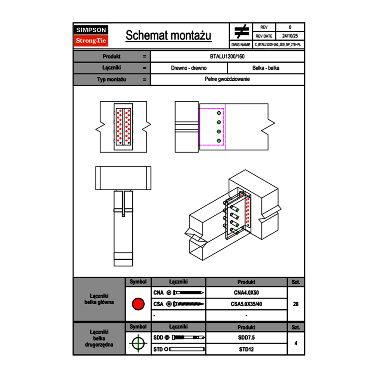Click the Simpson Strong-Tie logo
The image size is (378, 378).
pyautogui.click(x=91, y=36)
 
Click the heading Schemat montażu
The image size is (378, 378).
pyautogui.click(x=168, y=36)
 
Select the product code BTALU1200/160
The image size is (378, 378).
pyautogui.click(x=227, y=57)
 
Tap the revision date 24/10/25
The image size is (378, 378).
pyautogui.click(x=290, y=37)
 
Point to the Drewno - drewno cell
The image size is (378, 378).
pyautogui.click(x=189, y=68)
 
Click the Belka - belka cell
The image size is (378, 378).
pyautogui.click(x=266, y=68)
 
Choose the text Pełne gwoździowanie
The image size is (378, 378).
pyautogui.click(x=227, y=79)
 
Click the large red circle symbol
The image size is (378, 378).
pyautogui.click(x=138, y=304)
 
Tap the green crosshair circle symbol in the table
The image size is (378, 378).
pyautogui.click(x=138, y=343)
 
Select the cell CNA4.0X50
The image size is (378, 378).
pyautogui.click(x=246, y=293)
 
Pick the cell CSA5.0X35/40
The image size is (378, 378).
pyautogui.click(x=246, y=304)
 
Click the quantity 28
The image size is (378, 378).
pyautogui.click(x=296, y=304)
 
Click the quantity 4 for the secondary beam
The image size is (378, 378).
pyautogui.click(x=296, y=343)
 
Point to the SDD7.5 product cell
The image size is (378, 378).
pyautogui.click(x=246, y=338)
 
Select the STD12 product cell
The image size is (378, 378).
pyautogui.click(x=246, y=349)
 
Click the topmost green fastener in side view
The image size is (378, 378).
pyautogui.click(x=219, y=113)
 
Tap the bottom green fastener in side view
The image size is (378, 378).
pyautogui.click(x=219, y=140)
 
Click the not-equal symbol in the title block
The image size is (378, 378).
pyautogui.click(x=241, y=32)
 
